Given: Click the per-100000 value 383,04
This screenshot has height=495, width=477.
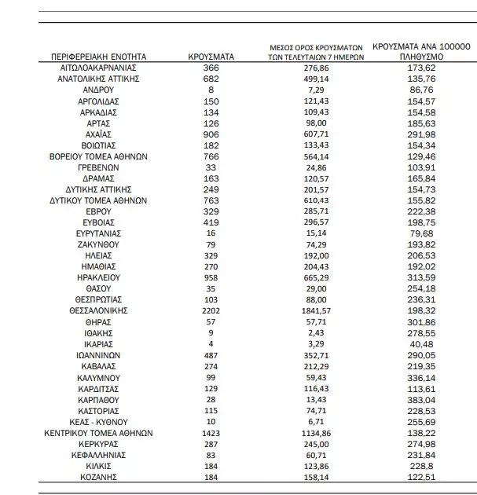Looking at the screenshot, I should click(x=421, y=399).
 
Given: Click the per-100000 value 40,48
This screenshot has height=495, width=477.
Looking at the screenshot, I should click(x=421, y=343).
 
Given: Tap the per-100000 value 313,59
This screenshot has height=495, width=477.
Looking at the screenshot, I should click(x=421, y=277).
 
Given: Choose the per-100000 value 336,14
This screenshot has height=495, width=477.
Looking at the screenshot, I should click(x=421, y=377).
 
